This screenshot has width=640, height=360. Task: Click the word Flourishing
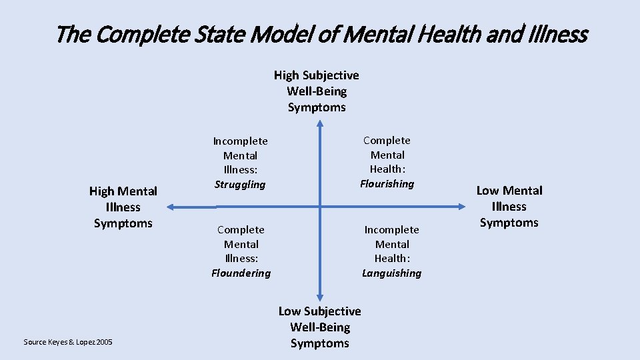click(x=387, y=184)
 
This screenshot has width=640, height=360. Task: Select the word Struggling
click(x=240, y=185)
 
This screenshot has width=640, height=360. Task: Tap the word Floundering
click(x=241, y=273)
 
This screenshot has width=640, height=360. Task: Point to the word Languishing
click(x=391, y=273)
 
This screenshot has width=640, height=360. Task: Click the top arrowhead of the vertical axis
click(x=319, y=124)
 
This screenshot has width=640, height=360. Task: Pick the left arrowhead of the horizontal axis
click(x=171, y=207)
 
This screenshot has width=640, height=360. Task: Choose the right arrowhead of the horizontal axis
click(x=464, y=207)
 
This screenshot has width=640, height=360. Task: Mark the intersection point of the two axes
click(x=319, y=207)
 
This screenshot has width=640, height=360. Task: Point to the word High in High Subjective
click(x=286, y=75)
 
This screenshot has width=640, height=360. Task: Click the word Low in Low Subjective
click(x=289, y=311)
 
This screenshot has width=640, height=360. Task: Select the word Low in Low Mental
click(x=487, y=191)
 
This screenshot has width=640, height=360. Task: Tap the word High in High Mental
click(x=101, y=191)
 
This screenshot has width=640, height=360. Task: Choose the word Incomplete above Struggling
click(x=240, y=141)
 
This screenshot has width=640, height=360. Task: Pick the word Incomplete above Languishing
click(x=391, y=230)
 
